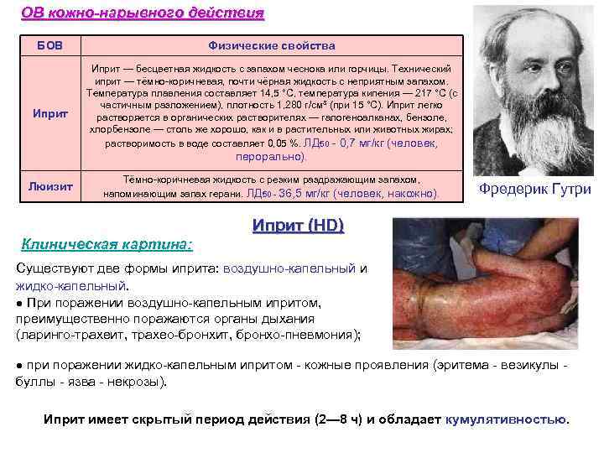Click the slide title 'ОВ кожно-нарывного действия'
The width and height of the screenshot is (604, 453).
click(x=142, y=13)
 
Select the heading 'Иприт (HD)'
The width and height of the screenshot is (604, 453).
click(x=298, y=226)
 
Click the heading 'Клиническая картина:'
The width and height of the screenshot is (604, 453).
click(x=107, y=245)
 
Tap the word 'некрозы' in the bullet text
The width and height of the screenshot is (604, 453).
click(x=141, y=382)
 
